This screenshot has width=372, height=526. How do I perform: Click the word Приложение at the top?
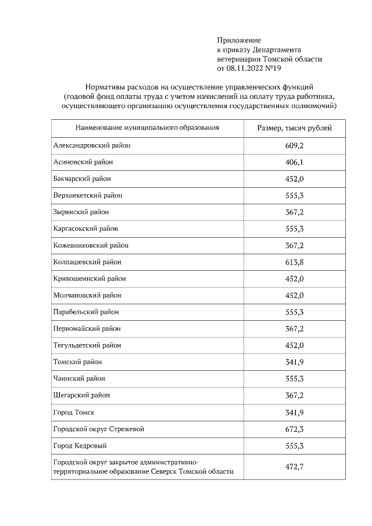point(239,40)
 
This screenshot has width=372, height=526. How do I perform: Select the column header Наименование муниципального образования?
point(146,128)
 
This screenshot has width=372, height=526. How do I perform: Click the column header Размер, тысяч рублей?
point(294,128)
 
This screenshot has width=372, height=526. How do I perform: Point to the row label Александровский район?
point(92,145)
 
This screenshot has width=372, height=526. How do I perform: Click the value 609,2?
point(294,145)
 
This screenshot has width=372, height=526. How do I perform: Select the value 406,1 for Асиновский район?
point(294,162)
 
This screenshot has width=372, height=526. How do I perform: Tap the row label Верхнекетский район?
point(88,195)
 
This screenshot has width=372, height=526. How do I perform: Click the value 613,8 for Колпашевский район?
point(294,262)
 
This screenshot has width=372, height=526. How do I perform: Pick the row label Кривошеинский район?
point(90,278)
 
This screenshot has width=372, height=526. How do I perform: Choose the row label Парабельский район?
point(87,312)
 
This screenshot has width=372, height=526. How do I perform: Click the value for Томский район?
point(294,362)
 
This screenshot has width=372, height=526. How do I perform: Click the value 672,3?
point(294,429)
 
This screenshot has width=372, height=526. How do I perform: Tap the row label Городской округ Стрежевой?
point(98,429)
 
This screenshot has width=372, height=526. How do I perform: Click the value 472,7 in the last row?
point(294,467)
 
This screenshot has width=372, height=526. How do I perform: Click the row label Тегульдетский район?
point(87,345)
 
